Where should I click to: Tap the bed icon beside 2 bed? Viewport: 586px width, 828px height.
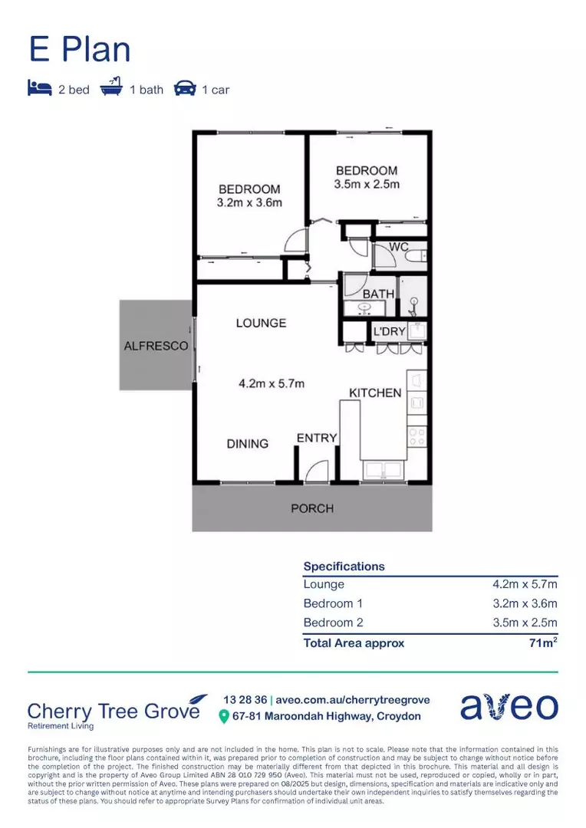coord(38,89)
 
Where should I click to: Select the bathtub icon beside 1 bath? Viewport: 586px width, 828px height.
coord(112,88)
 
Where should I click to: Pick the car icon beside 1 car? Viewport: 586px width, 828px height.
coord(185,89)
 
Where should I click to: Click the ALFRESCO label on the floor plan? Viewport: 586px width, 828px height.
coord(156,346)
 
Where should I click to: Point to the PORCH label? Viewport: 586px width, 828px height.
coord(312,508)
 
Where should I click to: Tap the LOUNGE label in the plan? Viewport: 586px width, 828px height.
coord(261,323)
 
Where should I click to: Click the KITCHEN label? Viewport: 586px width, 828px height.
coord(375,393)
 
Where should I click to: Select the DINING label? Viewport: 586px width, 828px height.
coord(248,443)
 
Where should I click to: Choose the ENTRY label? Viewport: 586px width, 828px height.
coord(317,438)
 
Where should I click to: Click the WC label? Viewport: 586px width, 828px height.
coord(398,247)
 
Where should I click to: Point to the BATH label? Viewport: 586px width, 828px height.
coord(379,294)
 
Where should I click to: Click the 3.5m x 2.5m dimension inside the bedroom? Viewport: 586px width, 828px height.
coord(367,184)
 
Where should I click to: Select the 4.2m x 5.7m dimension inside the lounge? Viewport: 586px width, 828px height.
coord(271,383)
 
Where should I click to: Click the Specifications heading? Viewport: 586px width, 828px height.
coord(344,566)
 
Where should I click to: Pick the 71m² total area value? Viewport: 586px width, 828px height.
coord(542,642)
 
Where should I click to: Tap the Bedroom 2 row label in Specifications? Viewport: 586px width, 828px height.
coord(328,623)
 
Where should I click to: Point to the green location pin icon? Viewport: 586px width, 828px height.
coord(224,717)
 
